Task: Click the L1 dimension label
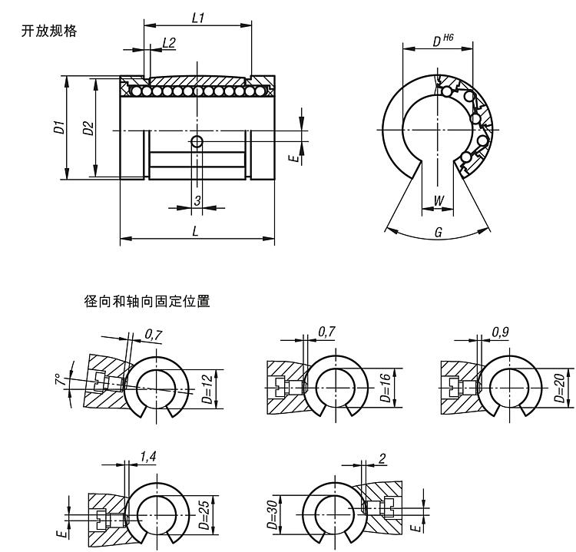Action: (x=198, y=18)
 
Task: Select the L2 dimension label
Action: (x=169, y=42)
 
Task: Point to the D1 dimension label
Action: (x=59, y=127)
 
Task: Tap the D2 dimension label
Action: (x=88, y=127)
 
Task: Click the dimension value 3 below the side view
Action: (x=197, y=200)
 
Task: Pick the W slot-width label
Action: (x=439, y=200)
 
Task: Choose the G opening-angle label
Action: (x=439, y=232)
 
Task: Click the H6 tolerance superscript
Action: (x=449, y=37)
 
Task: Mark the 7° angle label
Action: (x=59, y=379)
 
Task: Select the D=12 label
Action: (x=207, y=389)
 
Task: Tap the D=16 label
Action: (x=386, y=388)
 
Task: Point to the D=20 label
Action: (x=559, y=388)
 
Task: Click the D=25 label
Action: (x=204, y=514)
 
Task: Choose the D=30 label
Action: (x=273, y=514)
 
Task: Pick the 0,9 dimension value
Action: (x=501, y=332)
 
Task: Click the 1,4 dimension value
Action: (x=148, y=457)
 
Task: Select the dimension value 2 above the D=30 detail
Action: (x=382, y=458)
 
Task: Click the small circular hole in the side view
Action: (x=197, y=141)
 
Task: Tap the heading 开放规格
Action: (x=49, y=31)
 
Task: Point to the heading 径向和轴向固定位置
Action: (x=147, y=301)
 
